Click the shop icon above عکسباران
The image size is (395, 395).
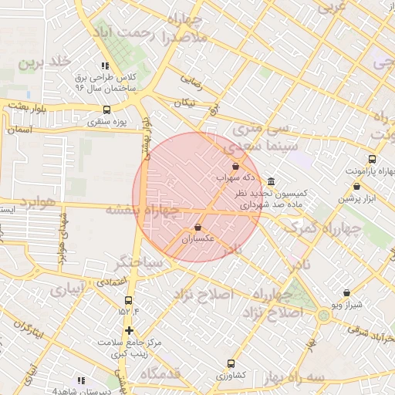pos(199,228)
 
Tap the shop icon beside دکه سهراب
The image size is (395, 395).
pos(235,166)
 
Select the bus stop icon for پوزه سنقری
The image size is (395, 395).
pos(106,109)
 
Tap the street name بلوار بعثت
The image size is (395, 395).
pos(29,105)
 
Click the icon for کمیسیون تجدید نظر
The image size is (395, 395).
pos(272,181)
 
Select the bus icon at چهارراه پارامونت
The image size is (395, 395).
pos(373,159)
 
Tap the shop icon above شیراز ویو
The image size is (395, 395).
pos(346,292)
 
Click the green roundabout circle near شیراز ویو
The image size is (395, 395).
pos(323,315)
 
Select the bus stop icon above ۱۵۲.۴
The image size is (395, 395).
pos(129,300)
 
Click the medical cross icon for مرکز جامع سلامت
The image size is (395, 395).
pos(129,330)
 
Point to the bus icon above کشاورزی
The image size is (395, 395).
pos(231,363)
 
